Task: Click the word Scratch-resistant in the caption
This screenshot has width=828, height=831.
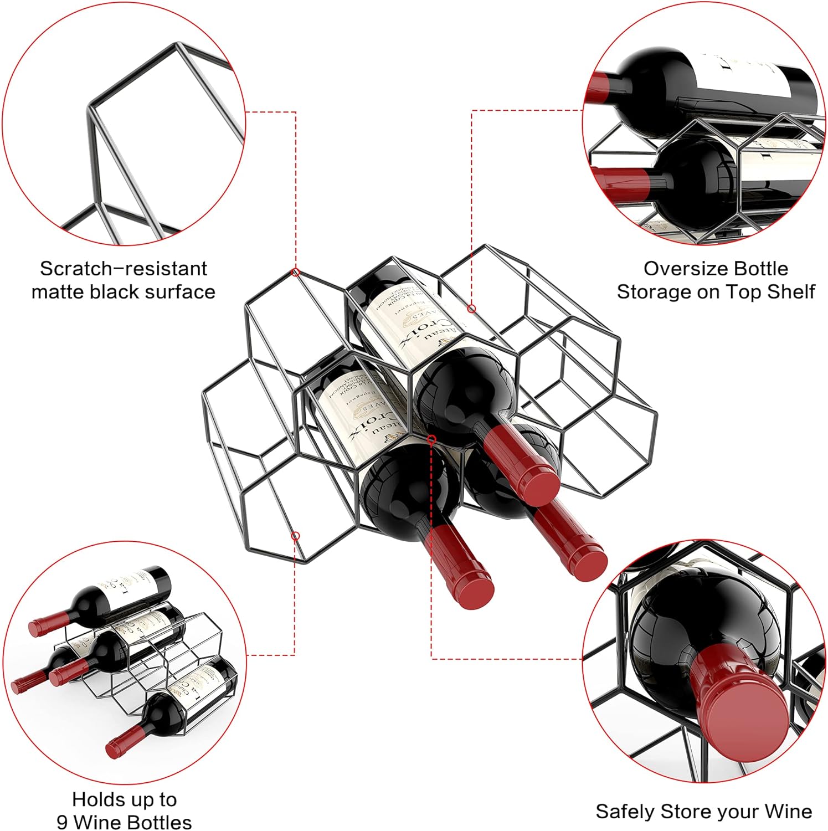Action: point(123,269)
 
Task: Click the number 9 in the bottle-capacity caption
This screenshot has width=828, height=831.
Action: point(62,822)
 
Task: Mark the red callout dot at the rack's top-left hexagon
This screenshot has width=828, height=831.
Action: point(296,272)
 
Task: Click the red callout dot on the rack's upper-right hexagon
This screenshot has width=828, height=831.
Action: point(471,309)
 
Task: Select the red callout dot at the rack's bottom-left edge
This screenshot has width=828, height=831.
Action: point(295,536)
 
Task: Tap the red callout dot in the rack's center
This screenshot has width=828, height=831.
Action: point(431,439)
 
